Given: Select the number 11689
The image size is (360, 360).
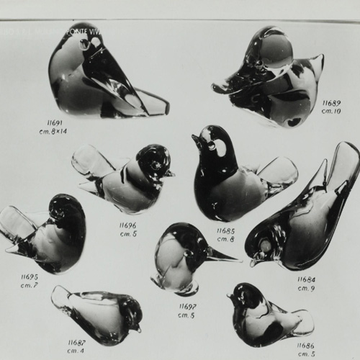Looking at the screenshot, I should tap(331, 102).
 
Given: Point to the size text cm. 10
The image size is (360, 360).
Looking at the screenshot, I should tap(331, 111).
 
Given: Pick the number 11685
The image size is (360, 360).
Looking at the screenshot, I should tap(225, 230).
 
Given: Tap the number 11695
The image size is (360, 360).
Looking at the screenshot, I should tap(29, 276).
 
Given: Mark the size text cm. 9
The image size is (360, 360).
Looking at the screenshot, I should tap(307, 288).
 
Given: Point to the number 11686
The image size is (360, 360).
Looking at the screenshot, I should tap(306, 346).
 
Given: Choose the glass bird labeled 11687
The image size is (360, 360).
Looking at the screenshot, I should tap(97, 313).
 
